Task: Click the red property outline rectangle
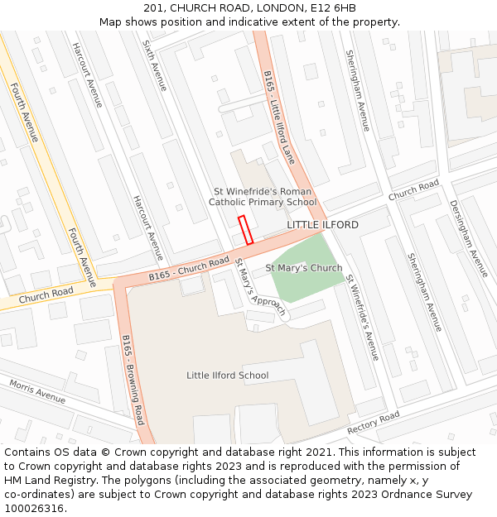pyautogui.click(x=245, y=230)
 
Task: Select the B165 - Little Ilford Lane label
pyautogui.click(x=279, y=117)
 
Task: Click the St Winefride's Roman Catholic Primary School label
pyautogui.click(x=263, y=197)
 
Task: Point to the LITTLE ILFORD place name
pyautogui.click(x=322, y=225)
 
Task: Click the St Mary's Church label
pyautogui.click(x=303, y=268)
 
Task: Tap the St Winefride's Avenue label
pyautogui.click(x=362, y=318)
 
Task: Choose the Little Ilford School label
pyautogui.click(x=227, y=376)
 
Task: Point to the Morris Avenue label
pyautogui.click(x=37, y=391)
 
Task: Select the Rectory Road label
pyautogui.click(x=373, y=422)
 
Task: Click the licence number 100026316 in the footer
pyautogui.click(x=34, y=509)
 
